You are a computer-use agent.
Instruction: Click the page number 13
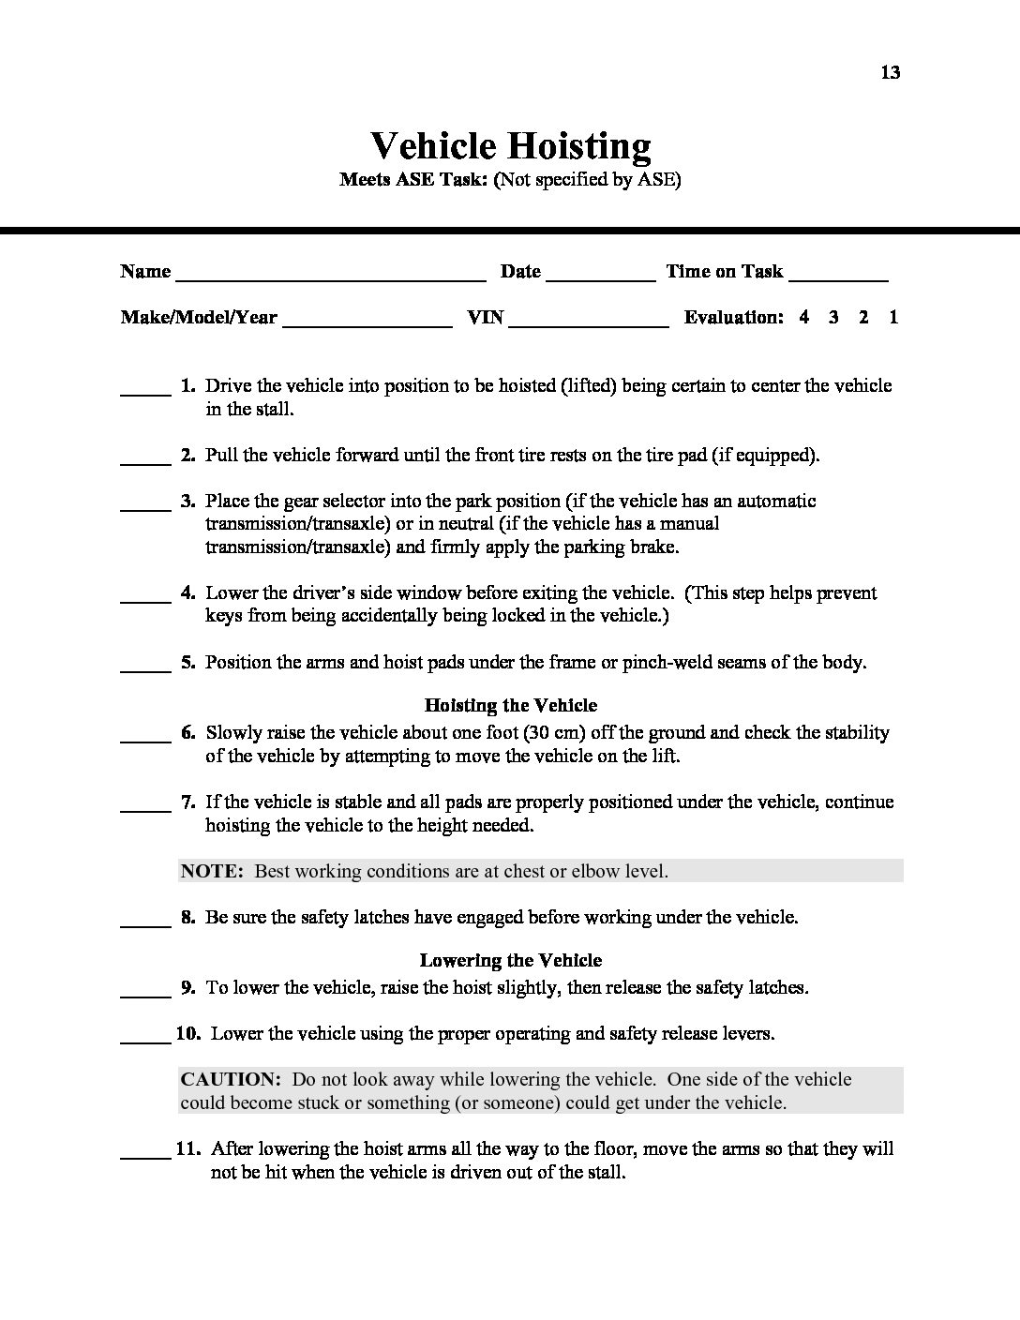tap(890, 72)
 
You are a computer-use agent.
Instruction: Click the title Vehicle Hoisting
tap(510, 146)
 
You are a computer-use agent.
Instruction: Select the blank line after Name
tap(330, 277)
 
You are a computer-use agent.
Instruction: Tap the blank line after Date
tap(600, 277)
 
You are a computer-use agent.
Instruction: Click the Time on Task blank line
tap(838, 277)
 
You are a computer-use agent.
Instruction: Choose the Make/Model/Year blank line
tap(367, 323)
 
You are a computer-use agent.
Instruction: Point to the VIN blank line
tap(589, 323)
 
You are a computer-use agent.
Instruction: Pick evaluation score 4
tap(804, 317)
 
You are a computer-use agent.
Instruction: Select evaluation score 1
tap(893, 317)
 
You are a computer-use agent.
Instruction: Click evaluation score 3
tap(833, 317)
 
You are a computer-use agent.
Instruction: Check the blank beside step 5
tap(145, 668)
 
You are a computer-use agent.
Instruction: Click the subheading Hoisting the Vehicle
tap(510, 705)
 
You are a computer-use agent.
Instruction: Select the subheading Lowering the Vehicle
tap(510, 960)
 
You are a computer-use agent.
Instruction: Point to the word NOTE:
tap(212, 871)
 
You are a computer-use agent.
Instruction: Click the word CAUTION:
tap(230, 1079)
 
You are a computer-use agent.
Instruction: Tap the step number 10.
tap(188, 1033)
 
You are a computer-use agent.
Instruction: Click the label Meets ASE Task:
tap(413, 180)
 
